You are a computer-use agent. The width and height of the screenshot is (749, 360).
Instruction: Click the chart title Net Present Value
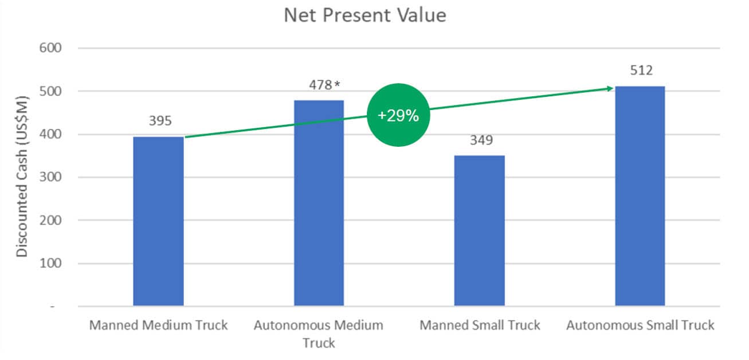coord(364,15)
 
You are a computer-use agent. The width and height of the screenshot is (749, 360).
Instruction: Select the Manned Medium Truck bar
coord(159,221)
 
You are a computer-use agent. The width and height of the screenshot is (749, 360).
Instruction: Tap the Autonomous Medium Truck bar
coord(319,204)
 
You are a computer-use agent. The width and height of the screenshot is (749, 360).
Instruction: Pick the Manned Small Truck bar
coord(480,230)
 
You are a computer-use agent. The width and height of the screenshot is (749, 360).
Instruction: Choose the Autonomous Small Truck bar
coord(640,196)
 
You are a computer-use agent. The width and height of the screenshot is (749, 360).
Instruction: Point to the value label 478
coord(320,85)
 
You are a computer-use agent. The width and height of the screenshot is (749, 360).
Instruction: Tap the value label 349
coord(481,140)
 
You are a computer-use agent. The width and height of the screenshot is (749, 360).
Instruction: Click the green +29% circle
coord(398,115)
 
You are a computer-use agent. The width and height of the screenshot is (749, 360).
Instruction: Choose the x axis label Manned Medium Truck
coord(159,326)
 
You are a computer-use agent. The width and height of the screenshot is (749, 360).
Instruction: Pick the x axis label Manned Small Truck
coord(480,326)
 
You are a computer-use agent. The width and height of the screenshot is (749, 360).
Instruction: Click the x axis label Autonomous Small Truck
coord(640,326)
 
